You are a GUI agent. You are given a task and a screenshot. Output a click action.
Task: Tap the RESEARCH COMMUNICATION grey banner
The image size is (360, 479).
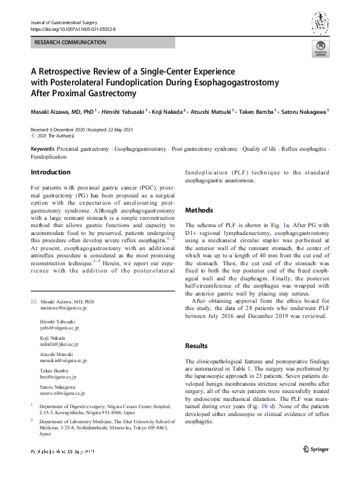(x=103, y=42)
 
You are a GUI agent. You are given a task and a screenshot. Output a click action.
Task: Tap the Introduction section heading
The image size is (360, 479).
(x=50, y=173)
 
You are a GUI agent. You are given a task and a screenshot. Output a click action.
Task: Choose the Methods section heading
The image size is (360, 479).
(x=198, y=210)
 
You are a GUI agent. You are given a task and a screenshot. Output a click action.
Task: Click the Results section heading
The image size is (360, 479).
(x=197, y=346)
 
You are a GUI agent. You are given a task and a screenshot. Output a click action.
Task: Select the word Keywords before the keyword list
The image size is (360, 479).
(x=42, y=149)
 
